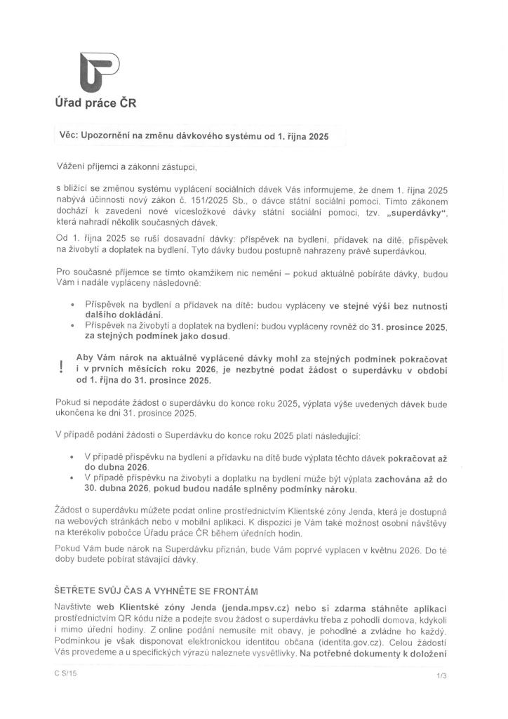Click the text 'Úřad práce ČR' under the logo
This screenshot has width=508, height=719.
click(x=95, y=103)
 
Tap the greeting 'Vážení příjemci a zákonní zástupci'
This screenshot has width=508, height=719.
click(x=128, y=167)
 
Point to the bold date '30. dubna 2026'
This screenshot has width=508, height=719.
click(x=122, y=489)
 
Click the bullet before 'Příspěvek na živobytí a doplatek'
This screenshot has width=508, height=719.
click(x=74, y=326)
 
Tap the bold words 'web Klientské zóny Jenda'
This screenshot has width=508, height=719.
click(x=148, y=607)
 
